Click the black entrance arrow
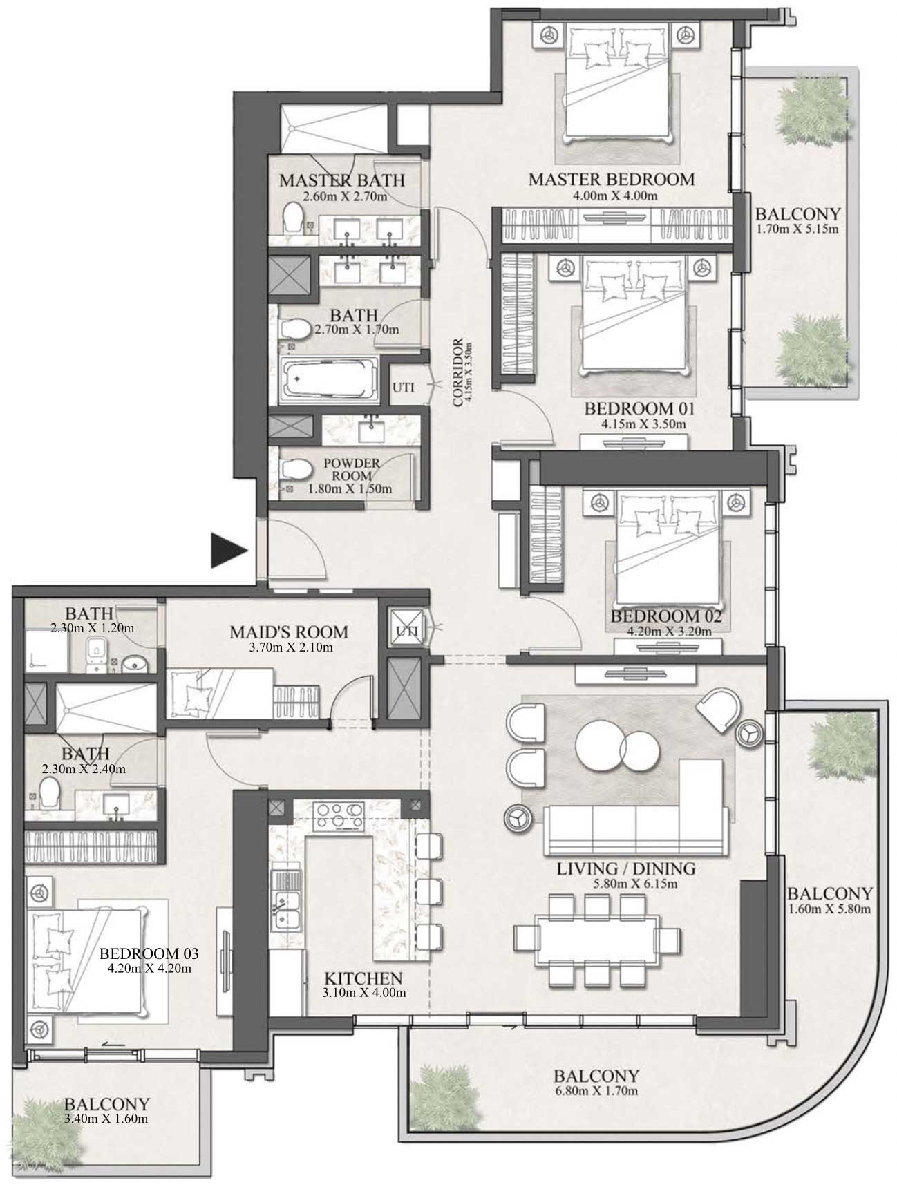click(228, 551)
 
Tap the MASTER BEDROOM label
click(612, 179)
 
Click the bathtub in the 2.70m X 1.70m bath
click(329, 379)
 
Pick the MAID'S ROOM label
click(289, 632)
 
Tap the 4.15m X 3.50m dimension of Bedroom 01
click(635, 424)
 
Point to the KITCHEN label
click(363, 978)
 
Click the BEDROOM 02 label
click(666, 616)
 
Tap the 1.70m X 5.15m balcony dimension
click(796, 229)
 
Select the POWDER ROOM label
click(352, 469)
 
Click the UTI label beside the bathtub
click(404, 388)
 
